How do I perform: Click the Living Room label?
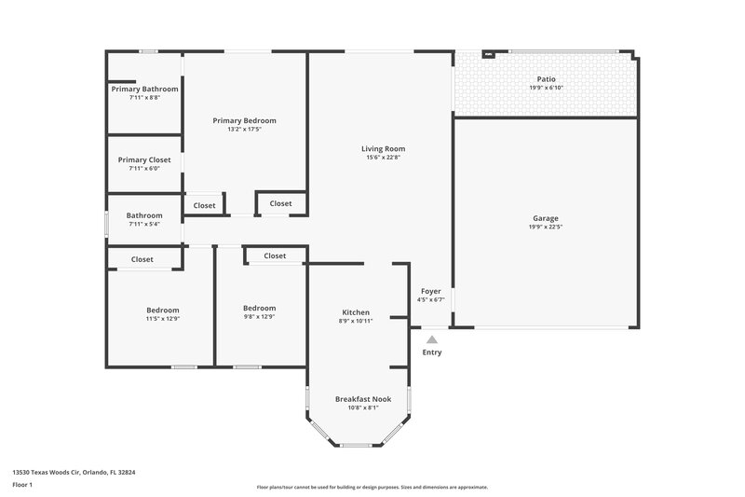[383, 148]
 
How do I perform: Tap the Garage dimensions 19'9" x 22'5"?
[546, 227]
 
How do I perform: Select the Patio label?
[547, 79]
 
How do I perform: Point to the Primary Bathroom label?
[144, 89]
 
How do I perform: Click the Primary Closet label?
[144, 159]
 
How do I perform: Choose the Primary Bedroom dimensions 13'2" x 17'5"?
[244, 130]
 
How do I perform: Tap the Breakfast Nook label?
[363, 398]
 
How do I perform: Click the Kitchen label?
[356, 312]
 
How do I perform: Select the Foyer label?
[430, 291]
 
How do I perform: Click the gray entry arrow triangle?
[432, 340]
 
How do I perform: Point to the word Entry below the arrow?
[432, 352]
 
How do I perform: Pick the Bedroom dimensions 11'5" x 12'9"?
[162, 318]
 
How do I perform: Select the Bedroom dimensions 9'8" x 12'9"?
[259, 317]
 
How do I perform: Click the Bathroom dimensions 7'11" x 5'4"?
[144, 224]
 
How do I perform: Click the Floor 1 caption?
[23, 485]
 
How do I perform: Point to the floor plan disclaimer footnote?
[372, 487]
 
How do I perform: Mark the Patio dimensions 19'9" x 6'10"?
[547, 89]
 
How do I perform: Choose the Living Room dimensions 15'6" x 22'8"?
[383, 158]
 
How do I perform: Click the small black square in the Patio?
[487, 54]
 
